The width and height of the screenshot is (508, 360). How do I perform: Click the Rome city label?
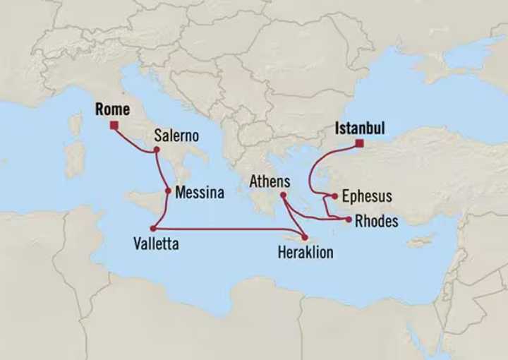coord(112,109)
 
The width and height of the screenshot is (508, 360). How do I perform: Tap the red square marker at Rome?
coord(113,126)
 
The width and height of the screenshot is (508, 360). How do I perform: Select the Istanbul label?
coord(360,129)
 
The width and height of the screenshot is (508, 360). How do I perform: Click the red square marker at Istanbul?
coord(359,144)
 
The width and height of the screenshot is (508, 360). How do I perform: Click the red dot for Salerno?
coord(156,150)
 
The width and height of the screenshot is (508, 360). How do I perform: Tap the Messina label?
coord(199,191)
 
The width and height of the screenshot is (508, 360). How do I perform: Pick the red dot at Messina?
coord(168,190)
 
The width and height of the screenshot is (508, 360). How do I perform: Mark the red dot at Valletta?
coord(152,228)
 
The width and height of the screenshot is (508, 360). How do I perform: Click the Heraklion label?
coord(306,252)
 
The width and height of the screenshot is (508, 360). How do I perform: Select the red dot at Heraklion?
coord(306,237)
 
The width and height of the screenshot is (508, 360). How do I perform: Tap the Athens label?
coord(270,182)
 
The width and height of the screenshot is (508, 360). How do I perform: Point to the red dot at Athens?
coord(282,196)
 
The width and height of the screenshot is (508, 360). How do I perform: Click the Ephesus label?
coord(366,196)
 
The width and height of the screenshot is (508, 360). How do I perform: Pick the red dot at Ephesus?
coord(334,197)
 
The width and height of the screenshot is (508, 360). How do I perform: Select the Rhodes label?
coord(376,222)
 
